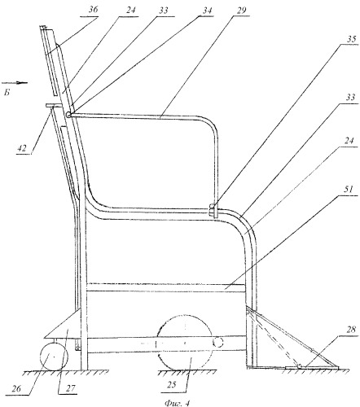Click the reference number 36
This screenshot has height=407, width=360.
click(92, 11)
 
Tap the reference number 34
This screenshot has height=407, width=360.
click(206, 11)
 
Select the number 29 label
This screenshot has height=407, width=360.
click(241, 11)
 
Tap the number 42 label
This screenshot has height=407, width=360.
click(22, 148)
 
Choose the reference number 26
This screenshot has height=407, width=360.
click(16, 388)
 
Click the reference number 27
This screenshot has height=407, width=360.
click(70, 388)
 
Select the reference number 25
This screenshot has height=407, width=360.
click(173, 385)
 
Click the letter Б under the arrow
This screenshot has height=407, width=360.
click(7, 93)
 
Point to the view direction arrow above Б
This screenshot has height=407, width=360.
click(14, 83)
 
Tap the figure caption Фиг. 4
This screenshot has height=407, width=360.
click(177, 403)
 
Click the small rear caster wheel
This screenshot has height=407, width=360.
click(54, 356)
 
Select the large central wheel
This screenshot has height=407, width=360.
click(186, 343)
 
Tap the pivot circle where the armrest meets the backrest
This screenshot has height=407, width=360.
click(68, 115)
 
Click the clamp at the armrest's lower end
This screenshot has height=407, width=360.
click(212, 211)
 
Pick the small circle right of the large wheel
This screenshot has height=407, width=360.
click(218, 343)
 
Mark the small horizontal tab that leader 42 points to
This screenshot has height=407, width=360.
click(55, 105)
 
